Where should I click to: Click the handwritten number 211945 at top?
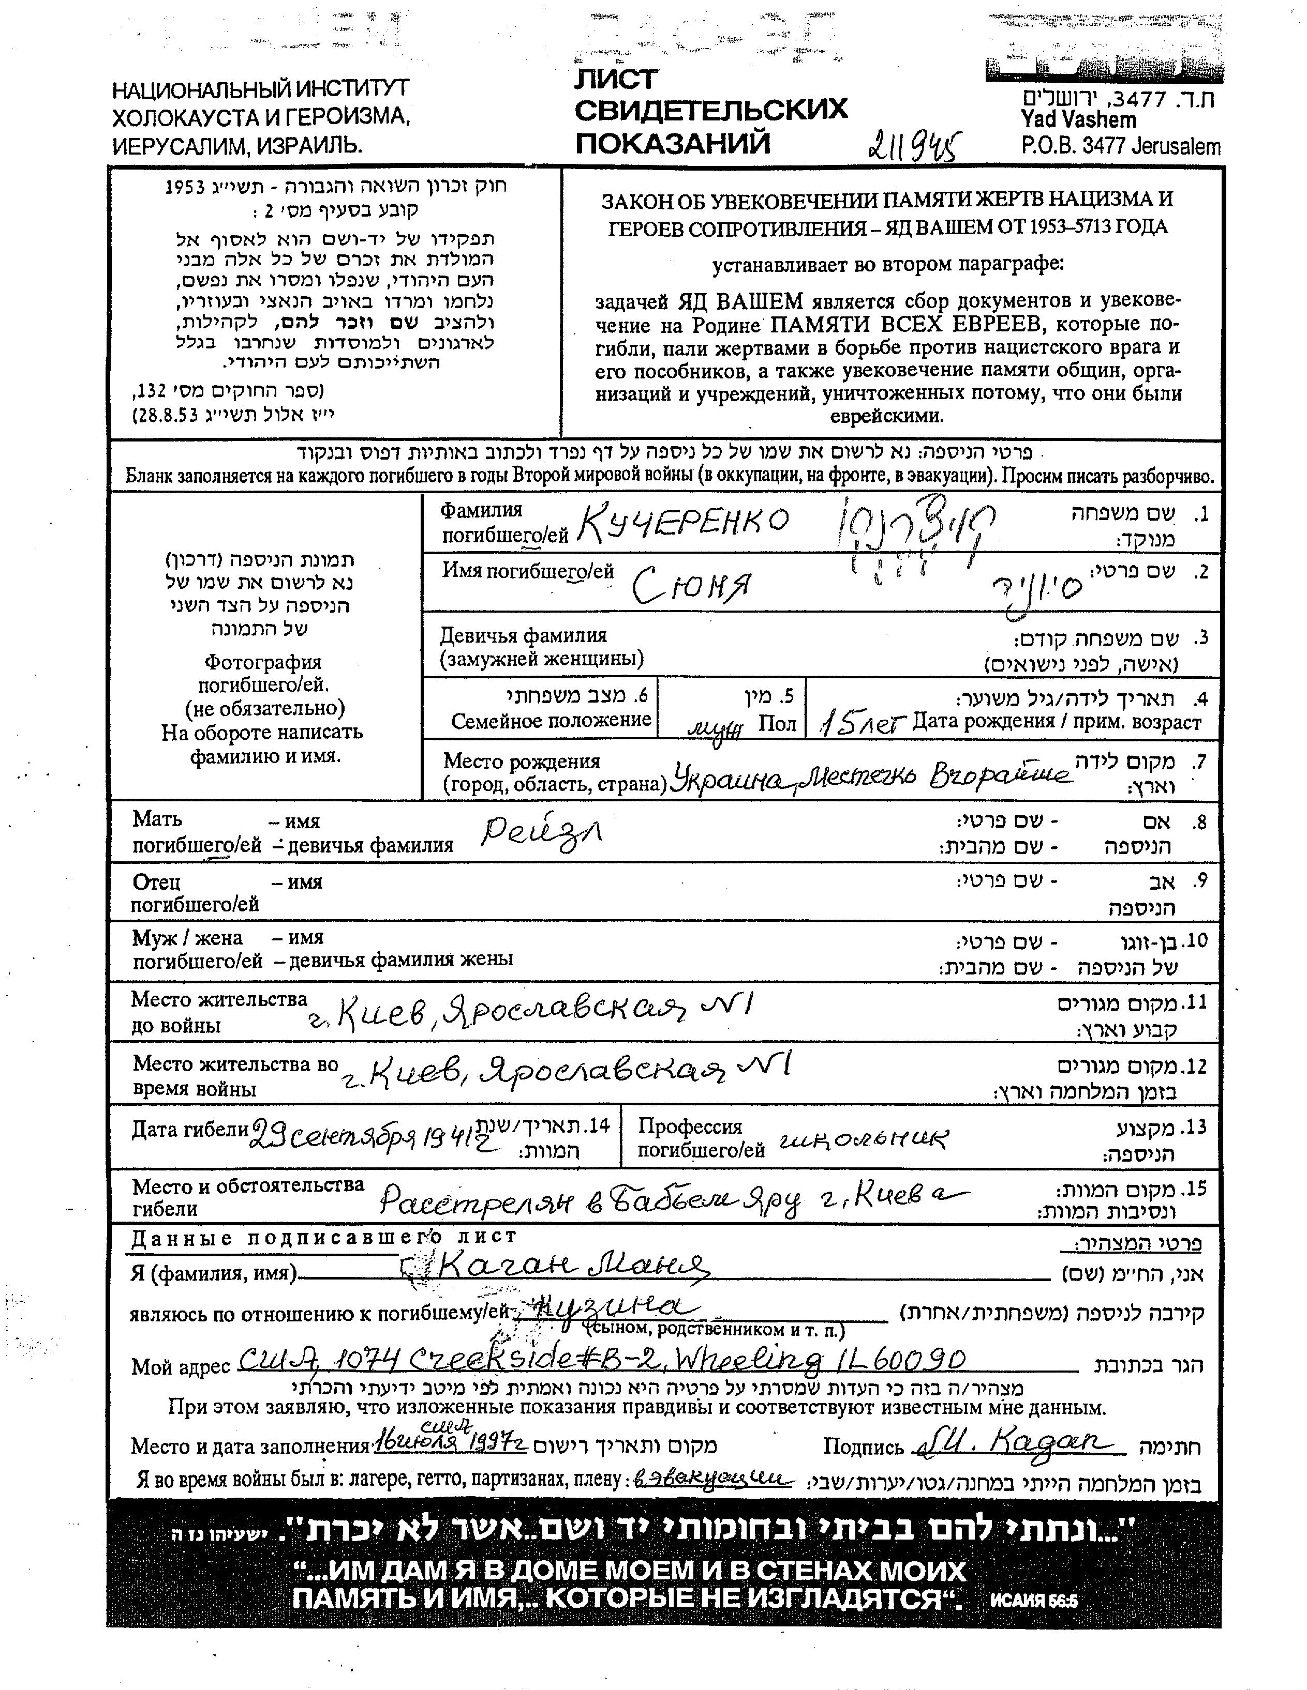click(x=916, y=143)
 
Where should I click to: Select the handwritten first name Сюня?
click(x=691, y=587)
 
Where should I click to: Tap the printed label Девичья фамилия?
click(x=524, y=636)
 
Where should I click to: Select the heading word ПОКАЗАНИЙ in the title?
click(x=673, y=143)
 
